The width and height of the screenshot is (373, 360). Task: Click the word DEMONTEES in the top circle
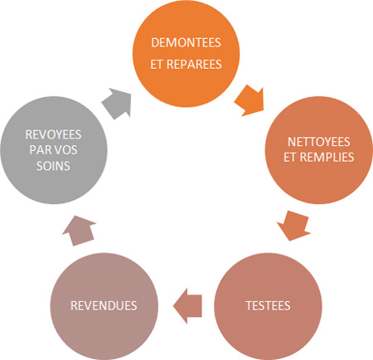point(186,43)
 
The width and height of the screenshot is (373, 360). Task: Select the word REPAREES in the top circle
point(194,65)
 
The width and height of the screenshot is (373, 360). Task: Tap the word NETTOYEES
point(319,142)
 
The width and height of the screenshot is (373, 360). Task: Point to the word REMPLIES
point(327,157)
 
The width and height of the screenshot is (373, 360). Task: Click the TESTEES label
point(268,306)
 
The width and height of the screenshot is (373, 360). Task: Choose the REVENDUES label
point(104,306)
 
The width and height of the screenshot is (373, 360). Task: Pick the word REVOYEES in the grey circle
point(53,134)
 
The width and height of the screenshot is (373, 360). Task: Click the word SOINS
point(53,166)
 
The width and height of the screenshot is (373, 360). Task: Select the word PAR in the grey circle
point(40,150)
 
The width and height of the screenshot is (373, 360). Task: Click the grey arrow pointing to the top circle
point(117,103)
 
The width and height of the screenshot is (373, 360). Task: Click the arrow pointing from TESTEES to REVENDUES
point(187,306)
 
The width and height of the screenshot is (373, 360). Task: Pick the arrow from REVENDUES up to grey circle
point(80,231)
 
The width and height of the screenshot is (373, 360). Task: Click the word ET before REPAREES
point(157,65)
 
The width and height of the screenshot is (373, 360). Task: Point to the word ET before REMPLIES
point(290,157)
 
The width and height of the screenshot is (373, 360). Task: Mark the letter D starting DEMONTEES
point(155,43)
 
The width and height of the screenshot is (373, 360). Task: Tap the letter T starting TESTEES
point(249,306)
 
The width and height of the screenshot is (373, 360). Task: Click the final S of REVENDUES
point(134,306)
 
